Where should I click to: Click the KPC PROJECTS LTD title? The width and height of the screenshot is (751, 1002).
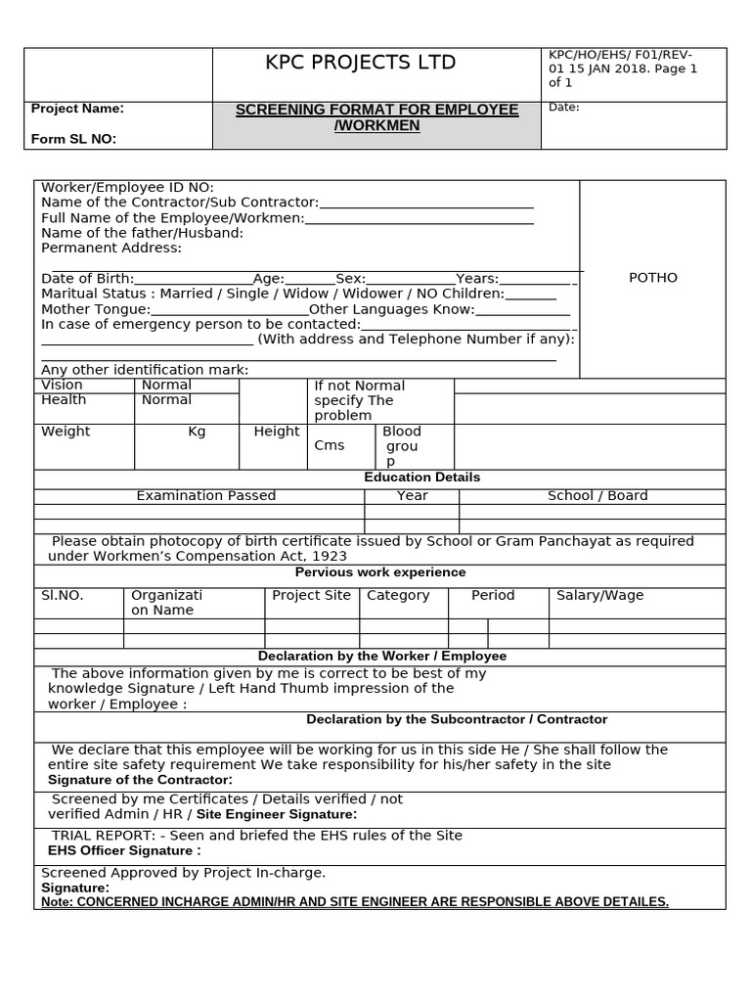361,64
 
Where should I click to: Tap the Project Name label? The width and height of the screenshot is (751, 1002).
78,109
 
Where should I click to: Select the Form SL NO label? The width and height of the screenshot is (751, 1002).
73,139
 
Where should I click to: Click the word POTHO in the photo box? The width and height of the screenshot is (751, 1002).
652,278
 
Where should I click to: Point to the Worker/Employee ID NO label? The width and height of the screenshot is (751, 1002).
127,188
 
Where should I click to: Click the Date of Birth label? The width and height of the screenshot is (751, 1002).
87,279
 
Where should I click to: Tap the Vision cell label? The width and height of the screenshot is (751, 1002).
62,386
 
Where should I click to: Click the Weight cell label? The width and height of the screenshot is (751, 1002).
66,432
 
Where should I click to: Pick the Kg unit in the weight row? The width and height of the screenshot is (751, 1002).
197,432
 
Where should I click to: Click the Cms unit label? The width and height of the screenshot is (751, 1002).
330,445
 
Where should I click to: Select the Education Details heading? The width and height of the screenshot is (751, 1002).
421,478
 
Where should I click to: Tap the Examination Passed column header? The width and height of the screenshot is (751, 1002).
206,496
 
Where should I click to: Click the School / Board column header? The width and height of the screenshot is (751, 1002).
597,496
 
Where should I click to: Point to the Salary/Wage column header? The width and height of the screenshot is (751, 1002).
599,595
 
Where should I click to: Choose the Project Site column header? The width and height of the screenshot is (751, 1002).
311,595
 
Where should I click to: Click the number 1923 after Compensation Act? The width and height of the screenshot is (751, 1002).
328,556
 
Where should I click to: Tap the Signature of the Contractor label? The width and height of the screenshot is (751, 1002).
140,780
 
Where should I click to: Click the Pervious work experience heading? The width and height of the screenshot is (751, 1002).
380,572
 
